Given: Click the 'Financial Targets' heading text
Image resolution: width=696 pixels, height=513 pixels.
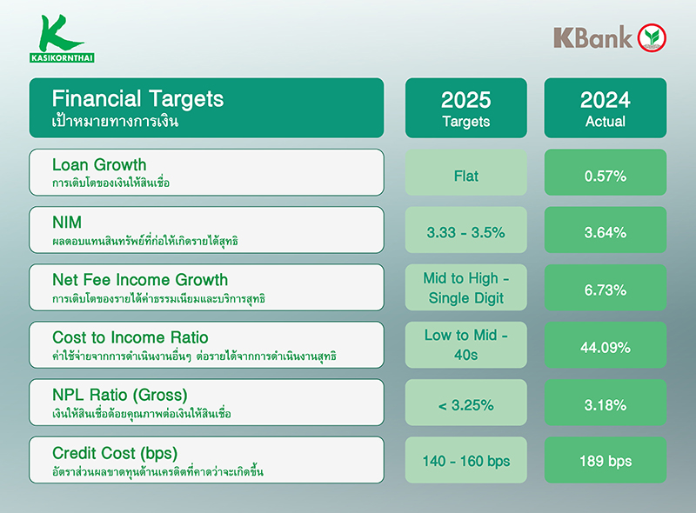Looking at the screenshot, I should tap(137, 99).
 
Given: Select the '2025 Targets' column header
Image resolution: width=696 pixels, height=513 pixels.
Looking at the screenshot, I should tap(465, 108).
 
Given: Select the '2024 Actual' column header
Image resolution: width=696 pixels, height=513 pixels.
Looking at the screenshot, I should tap(606, 108).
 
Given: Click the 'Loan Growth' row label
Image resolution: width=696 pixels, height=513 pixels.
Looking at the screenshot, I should tap(99, 165).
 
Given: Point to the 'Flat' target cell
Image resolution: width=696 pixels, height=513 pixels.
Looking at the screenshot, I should tap(465, 176).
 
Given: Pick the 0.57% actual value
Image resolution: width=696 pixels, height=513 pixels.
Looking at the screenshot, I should tap(606, 177).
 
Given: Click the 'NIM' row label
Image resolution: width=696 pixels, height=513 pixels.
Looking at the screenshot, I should tap(66, 223).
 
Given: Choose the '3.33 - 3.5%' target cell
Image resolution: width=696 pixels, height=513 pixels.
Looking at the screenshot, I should tap(465, 233).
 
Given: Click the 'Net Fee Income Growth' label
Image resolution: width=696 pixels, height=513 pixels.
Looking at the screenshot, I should tap(140, 280).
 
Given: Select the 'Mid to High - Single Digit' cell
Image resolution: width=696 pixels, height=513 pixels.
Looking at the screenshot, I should tap(465, 289).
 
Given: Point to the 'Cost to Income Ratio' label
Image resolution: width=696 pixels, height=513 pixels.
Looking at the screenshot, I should tap(130, 337).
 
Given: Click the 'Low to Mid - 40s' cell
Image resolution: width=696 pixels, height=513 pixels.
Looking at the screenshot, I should tap(465, 346).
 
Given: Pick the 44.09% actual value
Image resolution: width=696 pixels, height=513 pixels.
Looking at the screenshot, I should tap(606, 347).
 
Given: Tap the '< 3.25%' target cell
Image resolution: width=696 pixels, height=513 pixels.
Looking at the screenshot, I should tap(465, 405).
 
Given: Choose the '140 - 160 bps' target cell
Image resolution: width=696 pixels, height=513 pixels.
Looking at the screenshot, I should tap(465, 462).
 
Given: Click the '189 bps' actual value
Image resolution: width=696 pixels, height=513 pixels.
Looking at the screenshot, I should tap(606, 462).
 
